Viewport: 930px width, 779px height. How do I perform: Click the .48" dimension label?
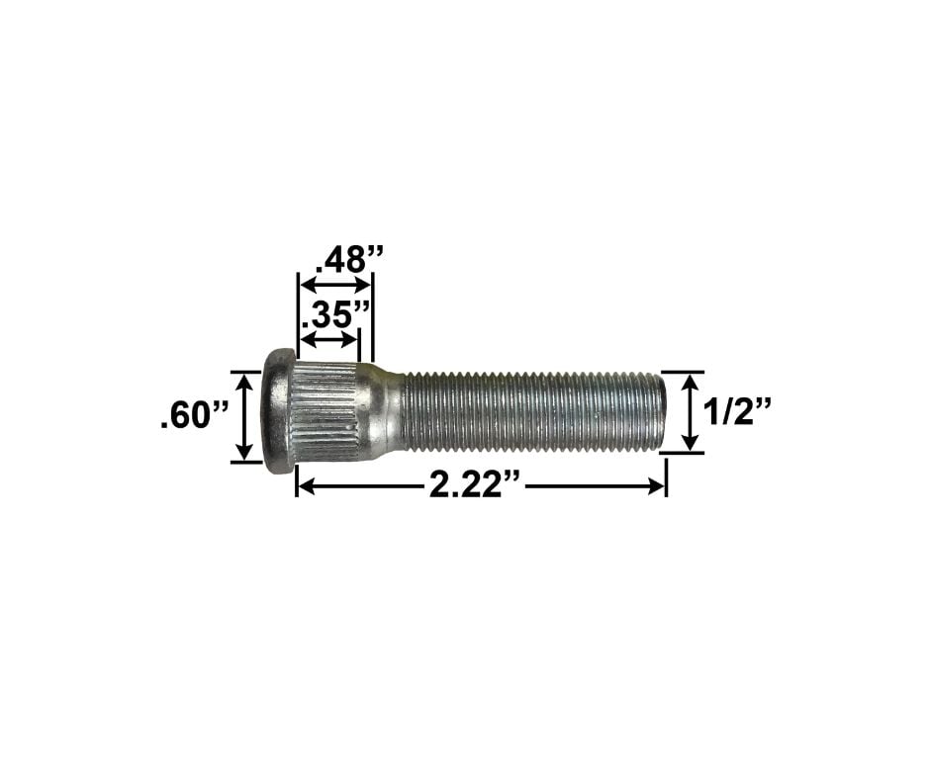(348, 259)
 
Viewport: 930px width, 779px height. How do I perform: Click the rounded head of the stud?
(278, 411)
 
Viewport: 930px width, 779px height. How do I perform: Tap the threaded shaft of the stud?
(524, 411)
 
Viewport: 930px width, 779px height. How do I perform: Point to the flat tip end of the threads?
(660, 411)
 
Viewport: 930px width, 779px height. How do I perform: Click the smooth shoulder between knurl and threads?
(386, 411)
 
